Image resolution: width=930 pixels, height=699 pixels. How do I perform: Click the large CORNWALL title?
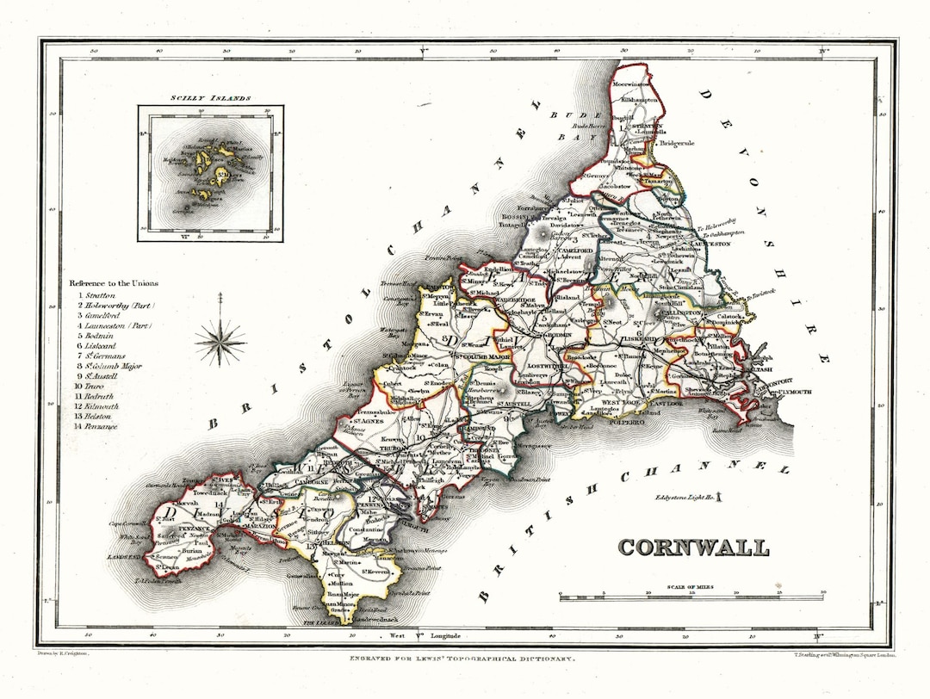coord(693,547)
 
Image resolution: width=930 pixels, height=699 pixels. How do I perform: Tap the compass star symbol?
coord(220,342)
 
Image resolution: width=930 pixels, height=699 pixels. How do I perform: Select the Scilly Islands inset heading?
coord(211,98)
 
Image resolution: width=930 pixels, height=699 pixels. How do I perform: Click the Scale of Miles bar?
coord(692,596)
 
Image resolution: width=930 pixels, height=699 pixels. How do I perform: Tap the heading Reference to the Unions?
coord(115,283)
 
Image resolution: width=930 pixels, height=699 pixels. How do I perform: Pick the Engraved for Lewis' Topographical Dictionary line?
coord(461,657)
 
